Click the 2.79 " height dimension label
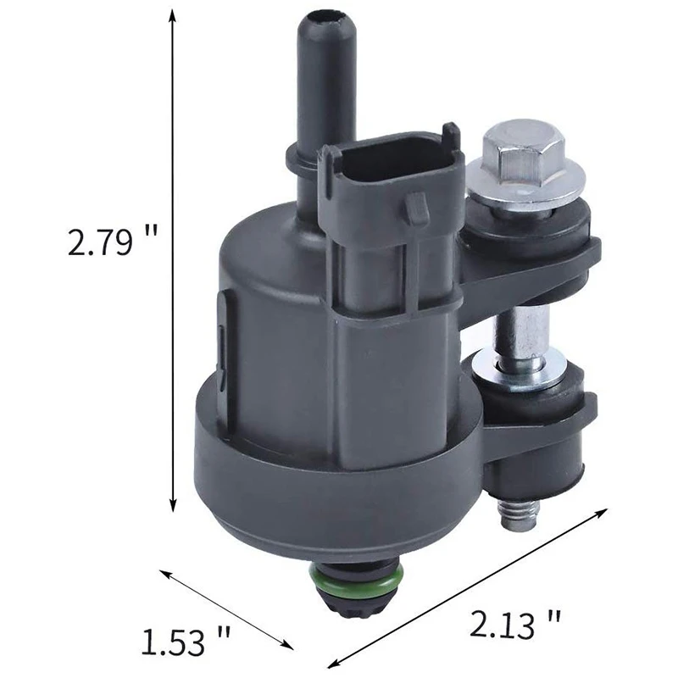click(113, 242)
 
